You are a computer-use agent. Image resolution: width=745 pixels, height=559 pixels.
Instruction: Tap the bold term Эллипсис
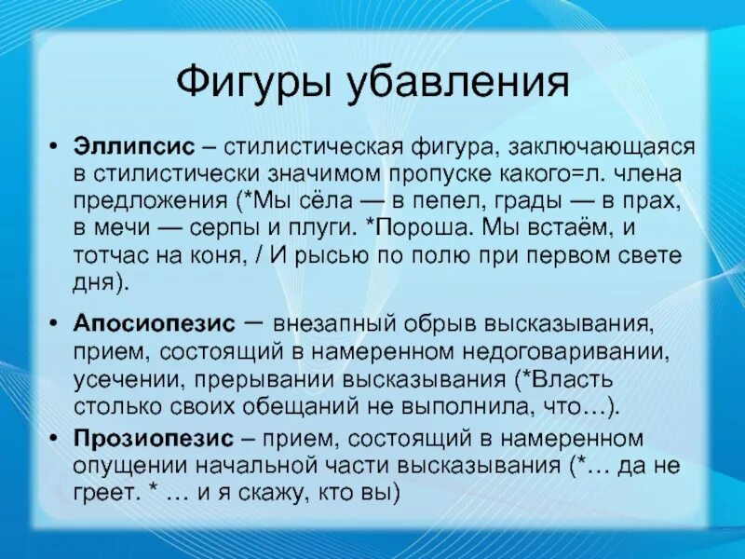point(135,148)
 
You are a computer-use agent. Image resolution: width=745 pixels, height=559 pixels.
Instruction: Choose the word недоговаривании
point(571,352)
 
